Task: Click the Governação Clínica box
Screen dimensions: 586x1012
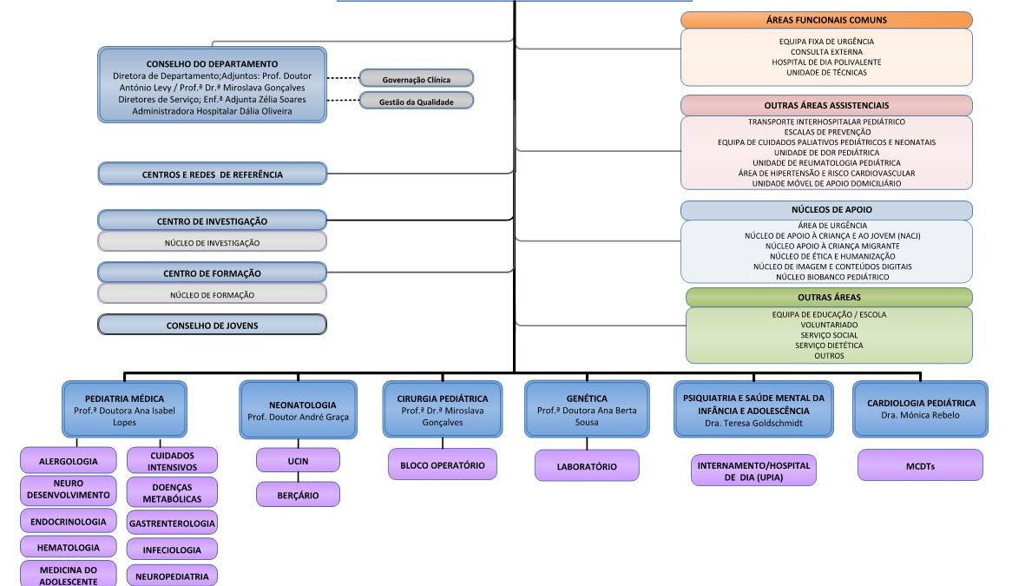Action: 417,79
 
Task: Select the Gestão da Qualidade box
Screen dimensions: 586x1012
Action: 417,102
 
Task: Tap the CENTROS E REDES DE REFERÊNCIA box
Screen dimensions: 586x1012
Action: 213,174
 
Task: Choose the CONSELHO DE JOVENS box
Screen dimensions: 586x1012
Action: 213,326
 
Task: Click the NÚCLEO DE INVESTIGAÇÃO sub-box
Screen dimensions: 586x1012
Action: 213,243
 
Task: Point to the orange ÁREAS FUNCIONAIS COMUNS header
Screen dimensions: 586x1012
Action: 826,20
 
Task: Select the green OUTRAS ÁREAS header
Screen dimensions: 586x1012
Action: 829,298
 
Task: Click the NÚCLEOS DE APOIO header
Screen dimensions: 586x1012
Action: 826,210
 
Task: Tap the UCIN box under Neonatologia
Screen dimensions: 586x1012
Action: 298,460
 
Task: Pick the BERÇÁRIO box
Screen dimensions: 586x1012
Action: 298,495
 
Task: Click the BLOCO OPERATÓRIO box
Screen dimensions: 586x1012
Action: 442,465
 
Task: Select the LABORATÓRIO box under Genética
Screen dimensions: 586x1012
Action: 587,466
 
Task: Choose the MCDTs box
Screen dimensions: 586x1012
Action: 920,465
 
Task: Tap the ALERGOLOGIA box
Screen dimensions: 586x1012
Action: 69,461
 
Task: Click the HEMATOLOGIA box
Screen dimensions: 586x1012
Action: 69,548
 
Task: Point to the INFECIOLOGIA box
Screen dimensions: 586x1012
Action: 172,549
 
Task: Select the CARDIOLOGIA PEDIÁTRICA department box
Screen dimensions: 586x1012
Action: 920,409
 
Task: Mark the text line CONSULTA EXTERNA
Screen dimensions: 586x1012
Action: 826,52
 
